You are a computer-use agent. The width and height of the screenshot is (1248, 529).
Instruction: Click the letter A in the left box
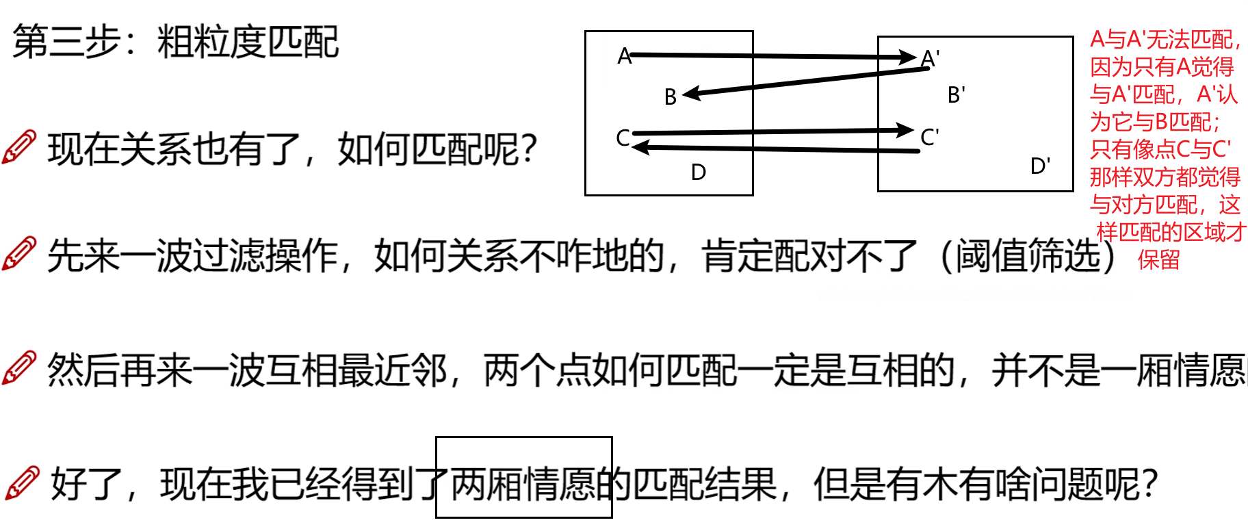point(624,55)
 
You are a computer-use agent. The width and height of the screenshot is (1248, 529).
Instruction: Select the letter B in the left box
point(671,97)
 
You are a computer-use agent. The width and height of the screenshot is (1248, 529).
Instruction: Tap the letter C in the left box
point(623,138)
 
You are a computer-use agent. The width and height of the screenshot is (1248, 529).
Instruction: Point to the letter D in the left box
point(698,172)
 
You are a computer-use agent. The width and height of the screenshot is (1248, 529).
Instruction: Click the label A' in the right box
point(930,59)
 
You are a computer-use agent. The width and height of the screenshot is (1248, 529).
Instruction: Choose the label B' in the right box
point(957,95)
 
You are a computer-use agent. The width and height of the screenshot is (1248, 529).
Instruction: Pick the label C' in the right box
point(930,138)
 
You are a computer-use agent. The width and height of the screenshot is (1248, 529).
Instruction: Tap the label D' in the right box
point(1040,166)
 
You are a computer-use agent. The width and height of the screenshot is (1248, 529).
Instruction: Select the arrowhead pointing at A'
point(908,57)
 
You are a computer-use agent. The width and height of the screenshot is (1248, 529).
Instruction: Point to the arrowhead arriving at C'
point(905,129)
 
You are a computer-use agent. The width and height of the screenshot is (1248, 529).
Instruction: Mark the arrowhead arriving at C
point(640,146)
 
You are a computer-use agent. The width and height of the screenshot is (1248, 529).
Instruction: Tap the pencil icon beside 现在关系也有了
point(19,146)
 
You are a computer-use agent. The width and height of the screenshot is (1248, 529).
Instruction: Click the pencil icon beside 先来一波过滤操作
point(19,254)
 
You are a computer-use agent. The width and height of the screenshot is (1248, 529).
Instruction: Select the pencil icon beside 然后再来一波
point(19,367)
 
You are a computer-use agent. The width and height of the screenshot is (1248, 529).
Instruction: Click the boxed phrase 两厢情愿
point(523,483)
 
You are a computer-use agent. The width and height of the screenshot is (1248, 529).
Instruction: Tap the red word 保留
point(1158,259)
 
